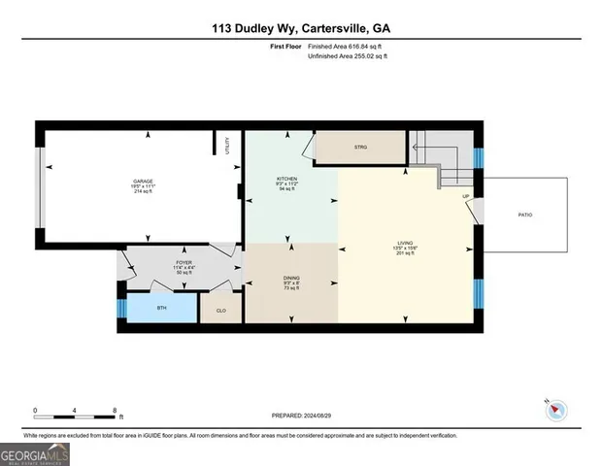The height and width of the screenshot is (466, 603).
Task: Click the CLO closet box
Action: click(220, 308)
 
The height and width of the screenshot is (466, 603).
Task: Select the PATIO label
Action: click(524, 215)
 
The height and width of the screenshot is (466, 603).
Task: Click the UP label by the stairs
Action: click(465, 196)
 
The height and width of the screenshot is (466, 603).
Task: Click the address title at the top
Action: click(301, 28)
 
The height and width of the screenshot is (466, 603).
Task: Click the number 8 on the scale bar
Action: click(116, 410)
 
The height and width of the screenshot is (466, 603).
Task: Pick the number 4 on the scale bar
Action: click(76, 410)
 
